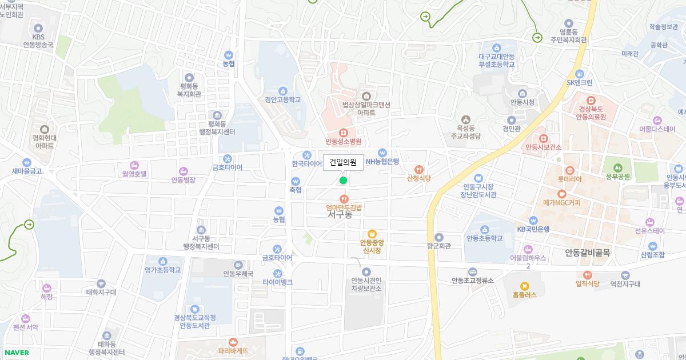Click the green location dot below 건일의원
click(343, 181)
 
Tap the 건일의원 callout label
click(343, 162)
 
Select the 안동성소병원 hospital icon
click(344, 132)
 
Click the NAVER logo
click(16, 353)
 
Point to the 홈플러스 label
click(524, 295)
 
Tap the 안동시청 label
click(522, 102)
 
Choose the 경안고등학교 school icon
click(282, 91)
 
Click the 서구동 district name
click(340, 215)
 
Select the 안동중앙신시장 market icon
click(372, 233)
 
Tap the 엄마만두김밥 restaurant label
click(344, 207)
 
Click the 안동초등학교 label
click(484, 238)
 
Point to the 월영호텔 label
click(134, 174)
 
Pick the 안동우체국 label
click(238, 274)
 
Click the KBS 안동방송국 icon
click(38, 28)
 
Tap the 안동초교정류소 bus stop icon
click(472, 272)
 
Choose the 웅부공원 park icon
click(617, 167)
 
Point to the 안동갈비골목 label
click(587, 253)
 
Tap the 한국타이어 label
click(307, 164)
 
